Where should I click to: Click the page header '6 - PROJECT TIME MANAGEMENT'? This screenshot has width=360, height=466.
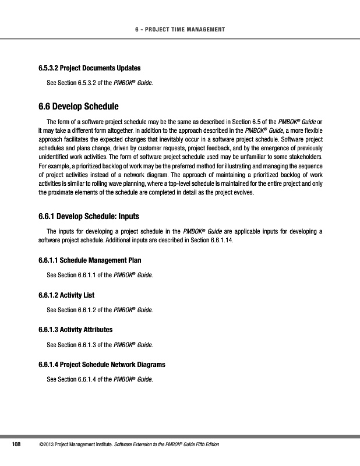point(180,30)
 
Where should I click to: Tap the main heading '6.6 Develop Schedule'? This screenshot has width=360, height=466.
point(78,107)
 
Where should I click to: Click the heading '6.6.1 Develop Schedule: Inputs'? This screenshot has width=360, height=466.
point(89,217)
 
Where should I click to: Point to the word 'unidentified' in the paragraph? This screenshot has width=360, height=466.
point(55,157)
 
